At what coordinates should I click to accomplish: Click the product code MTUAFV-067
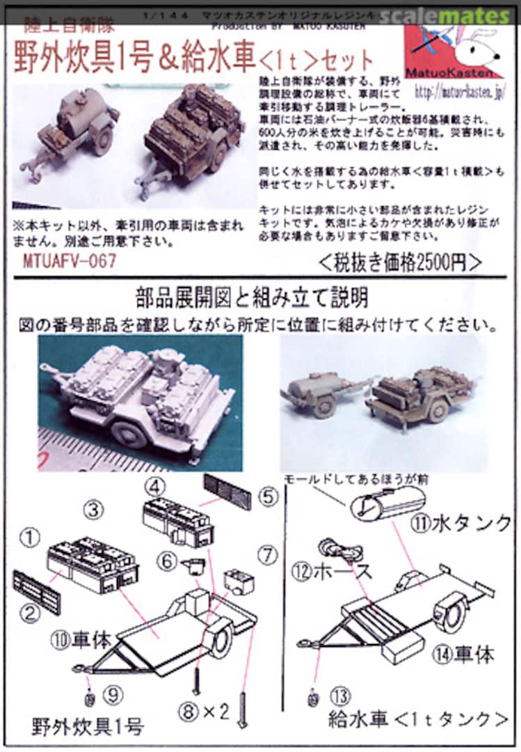point(68,260)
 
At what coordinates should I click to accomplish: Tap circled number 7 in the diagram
point(266,555)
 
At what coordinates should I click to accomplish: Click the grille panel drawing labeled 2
point(36,591)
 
